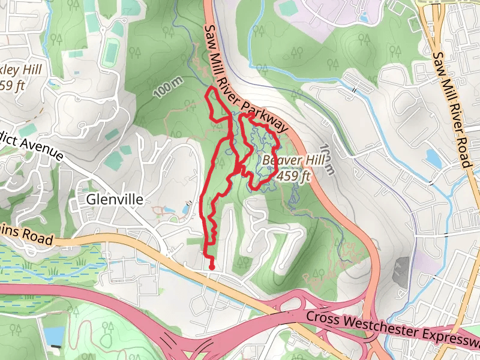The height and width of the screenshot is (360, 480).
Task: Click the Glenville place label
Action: (115, 199)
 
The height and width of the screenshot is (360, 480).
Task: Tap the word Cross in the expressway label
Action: (322, 317)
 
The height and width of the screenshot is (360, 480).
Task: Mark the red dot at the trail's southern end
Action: (212, 266)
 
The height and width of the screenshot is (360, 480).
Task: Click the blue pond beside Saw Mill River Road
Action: (432, 157)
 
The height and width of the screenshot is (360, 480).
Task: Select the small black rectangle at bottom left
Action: (56, 346)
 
